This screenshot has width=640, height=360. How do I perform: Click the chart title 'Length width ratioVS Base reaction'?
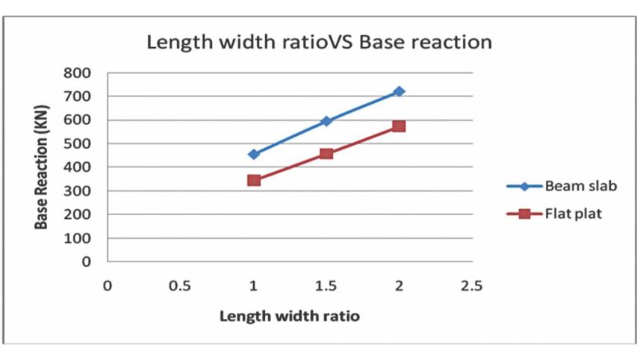coord(319,42)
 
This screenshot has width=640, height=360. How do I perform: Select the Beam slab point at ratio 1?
coord(254,155)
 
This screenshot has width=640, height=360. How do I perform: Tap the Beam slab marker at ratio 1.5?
coord(326,121)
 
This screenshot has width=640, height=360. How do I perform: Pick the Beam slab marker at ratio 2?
coord(399,91)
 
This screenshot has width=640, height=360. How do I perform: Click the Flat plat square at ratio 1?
coord(254,180)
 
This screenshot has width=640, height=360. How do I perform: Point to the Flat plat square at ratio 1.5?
coord(326,154)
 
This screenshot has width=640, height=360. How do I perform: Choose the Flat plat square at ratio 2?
coord(399,126)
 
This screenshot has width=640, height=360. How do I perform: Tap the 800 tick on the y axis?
coord(78,73)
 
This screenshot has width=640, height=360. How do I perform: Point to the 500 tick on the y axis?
coord(78,144)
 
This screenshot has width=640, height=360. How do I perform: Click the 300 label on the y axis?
coord(78,191)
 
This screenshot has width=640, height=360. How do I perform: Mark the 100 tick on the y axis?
coord(78,238)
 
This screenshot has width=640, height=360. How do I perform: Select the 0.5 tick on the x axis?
coord(180,285)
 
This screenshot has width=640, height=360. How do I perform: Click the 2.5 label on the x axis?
coord(471,285)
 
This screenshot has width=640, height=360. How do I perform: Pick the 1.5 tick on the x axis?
coord(326,285)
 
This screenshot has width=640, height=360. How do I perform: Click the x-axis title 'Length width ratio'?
coord(289,316)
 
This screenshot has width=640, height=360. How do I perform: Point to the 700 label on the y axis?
coord(78,97)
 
